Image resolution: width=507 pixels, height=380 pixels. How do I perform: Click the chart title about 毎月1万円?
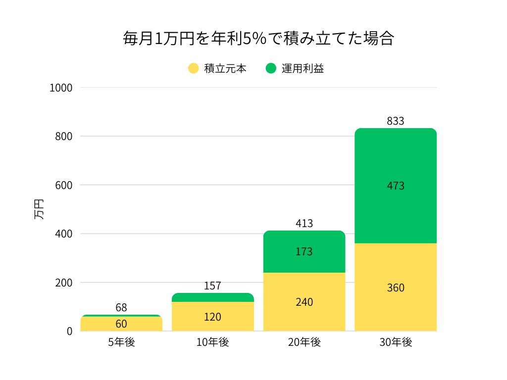click(258, 39)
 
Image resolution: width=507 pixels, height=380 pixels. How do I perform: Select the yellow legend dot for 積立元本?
click(194, 68)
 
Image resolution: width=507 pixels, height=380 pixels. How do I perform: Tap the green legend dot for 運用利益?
click(271, 68)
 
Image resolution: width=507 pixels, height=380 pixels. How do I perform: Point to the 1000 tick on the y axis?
click(61, 88)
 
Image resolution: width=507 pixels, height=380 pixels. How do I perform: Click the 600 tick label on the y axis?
click(64, 185)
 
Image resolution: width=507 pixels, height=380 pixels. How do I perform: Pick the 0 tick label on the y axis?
click(69, 331)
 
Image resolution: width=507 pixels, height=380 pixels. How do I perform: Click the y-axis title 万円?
click(39, 209)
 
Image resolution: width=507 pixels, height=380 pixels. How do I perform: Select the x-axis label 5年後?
click(121, 342)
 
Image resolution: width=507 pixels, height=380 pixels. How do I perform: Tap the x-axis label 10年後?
click(212, 342)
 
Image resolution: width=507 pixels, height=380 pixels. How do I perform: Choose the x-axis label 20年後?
click(304, 342)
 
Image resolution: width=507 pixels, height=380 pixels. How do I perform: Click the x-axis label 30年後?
click(396, 342)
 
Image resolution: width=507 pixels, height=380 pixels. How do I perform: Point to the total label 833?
click(396, 121)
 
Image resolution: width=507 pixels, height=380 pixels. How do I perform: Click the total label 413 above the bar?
click(304, 223)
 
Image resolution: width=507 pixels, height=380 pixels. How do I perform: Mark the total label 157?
click(212, 285)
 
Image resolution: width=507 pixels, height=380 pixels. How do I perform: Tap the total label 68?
click(121, 307)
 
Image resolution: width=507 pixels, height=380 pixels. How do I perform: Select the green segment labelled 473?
click(396, 186)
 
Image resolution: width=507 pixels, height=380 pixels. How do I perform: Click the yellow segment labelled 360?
click(396, 287)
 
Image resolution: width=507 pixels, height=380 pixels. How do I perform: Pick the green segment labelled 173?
click(304, 251)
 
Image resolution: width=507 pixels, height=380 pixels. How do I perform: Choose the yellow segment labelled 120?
click(212, 317)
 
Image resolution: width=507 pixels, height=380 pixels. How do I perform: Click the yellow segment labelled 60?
click(121, 324)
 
